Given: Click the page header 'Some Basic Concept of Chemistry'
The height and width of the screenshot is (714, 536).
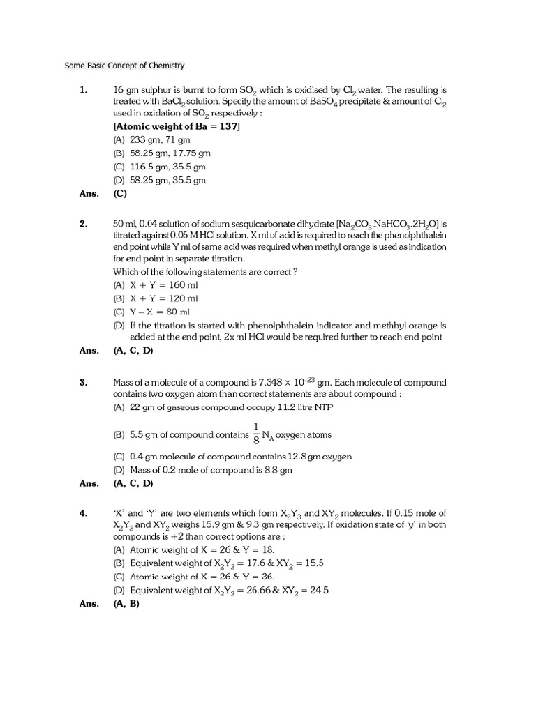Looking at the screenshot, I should tap(124, 66).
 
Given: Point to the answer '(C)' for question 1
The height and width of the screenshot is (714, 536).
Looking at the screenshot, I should tap(119, 195).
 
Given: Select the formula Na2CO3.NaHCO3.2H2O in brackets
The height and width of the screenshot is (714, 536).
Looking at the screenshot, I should tap(387, 225).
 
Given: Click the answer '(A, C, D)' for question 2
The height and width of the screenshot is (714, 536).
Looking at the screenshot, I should tap(133, 351).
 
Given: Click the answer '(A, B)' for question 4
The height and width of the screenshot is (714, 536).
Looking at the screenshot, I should tap(126, 604).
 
